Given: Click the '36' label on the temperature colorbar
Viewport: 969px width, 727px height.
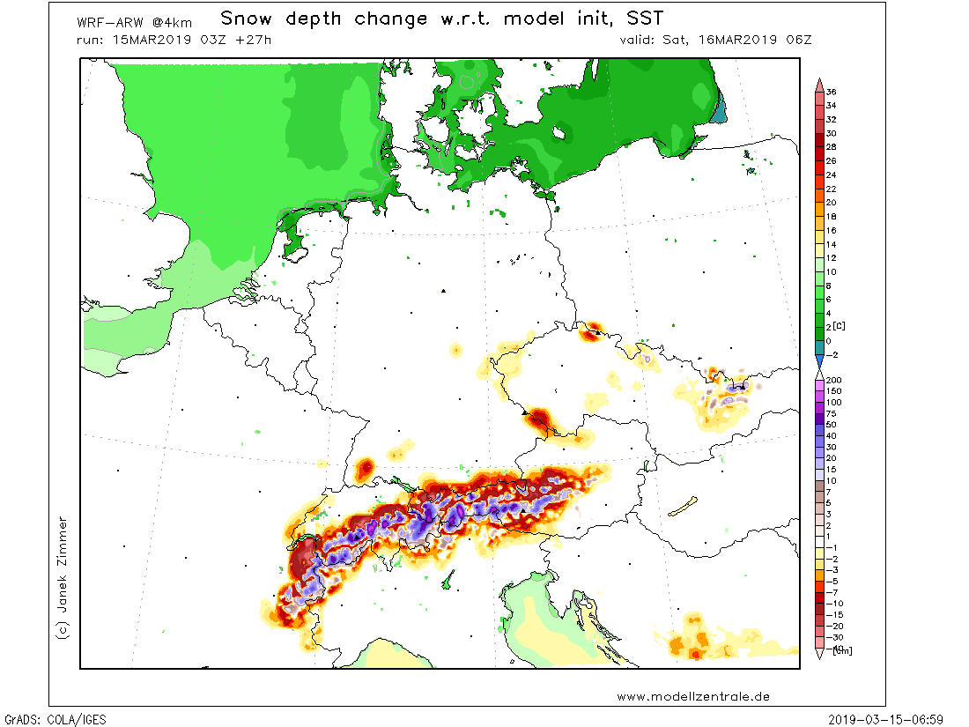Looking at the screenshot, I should coord(831,92).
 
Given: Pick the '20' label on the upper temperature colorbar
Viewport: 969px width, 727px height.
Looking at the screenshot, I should coord(831,203).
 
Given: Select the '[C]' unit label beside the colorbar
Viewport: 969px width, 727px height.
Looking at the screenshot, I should coord(842,327).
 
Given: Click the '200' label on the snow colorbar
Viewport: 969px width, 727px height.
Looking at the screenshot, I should coord(832,380).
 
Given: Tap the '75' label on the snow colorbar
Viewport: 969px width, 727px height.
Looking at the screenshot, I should coord(831,412).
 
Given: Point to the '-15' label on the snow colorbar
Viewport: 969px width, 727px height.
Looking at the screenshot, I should coord(832,613).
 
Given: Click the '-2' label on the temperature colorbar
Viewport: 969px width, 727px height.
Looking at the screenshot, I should coord(831,354).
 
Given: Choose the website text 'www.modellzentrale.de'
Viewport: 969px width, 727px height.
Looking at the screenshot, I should coord(692,696).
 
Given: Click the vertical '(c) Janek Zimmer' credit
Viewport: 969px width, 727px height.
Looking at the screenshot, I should coord(62,577).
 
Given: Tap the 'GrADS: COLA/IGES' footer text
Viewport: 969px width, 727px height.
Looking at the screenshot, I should coord(55,719).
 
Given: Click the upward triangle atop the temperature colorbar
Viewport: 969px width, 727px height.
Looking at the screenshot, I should coord(819,83).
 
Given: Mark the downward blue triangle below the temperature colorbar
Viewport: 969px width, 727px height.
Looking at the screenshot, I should coord(819,361).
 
